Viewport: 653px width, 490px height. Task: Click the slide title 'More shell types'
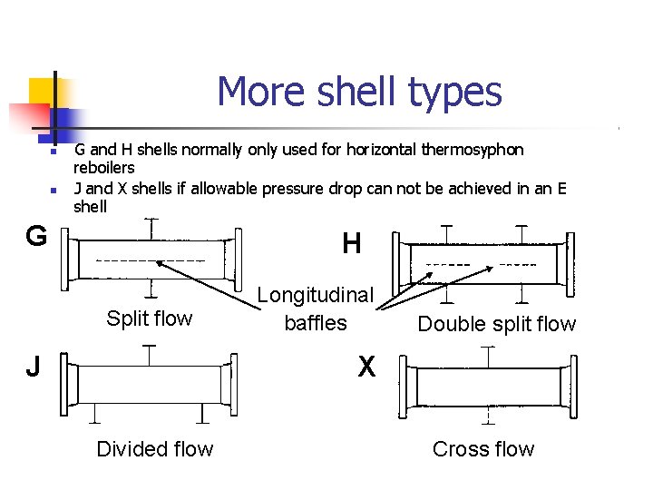coord(359,92)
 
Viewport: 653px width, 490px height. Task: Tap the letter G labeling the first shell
coord(36,237)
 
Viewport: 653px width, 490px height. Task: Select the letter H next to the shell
coord(352,243)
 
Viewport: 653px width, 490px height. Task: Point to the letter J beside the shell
coord(33,367)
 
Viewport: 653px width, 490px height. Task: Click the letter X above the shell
coord(366,367)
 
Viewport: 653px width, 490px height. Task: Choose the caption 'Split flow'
coord(150,318)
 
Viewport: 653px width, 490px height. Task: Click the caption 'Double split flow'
coord(497,324)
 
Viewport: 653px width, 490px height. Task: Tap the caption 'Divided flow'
coord(155,449)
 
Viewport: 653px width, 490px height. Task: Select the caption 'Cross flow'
coord(483,449)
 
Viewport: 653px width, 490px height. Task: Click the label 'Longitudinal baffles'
coord(316,309)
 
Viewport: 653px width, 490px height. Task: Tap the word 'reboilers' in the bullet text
coord(103,168)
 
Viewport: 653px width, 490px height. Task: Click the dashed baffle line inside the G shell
coord(150,261)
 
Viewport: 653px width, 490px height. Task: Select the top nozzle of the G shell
coord(150,224)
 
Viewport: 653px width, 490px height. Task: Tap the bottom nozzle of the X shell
coord(489,417)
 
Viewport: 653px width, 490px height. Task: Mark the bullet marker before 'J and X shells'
coord(54,190)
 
